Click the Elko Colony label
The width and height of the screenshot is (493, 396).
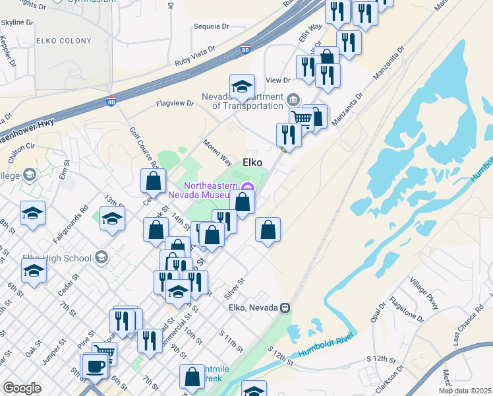[x=64, y=41]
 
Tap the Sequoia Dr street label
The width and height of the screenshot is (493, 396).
[x=211, y=27]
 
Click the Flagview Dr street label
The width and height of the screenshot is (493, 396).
[x=175, y=104]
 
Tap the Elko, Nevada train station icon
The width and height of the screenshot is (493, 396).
[x=285, y=308]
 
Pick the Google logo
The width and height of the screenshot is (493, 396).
[x=22, y=388]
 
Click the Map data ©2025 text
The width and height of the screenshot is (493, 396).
[x=465, y=391]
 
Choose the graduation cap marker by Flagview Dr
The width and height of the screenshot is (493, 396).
[x=242, y=87]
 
